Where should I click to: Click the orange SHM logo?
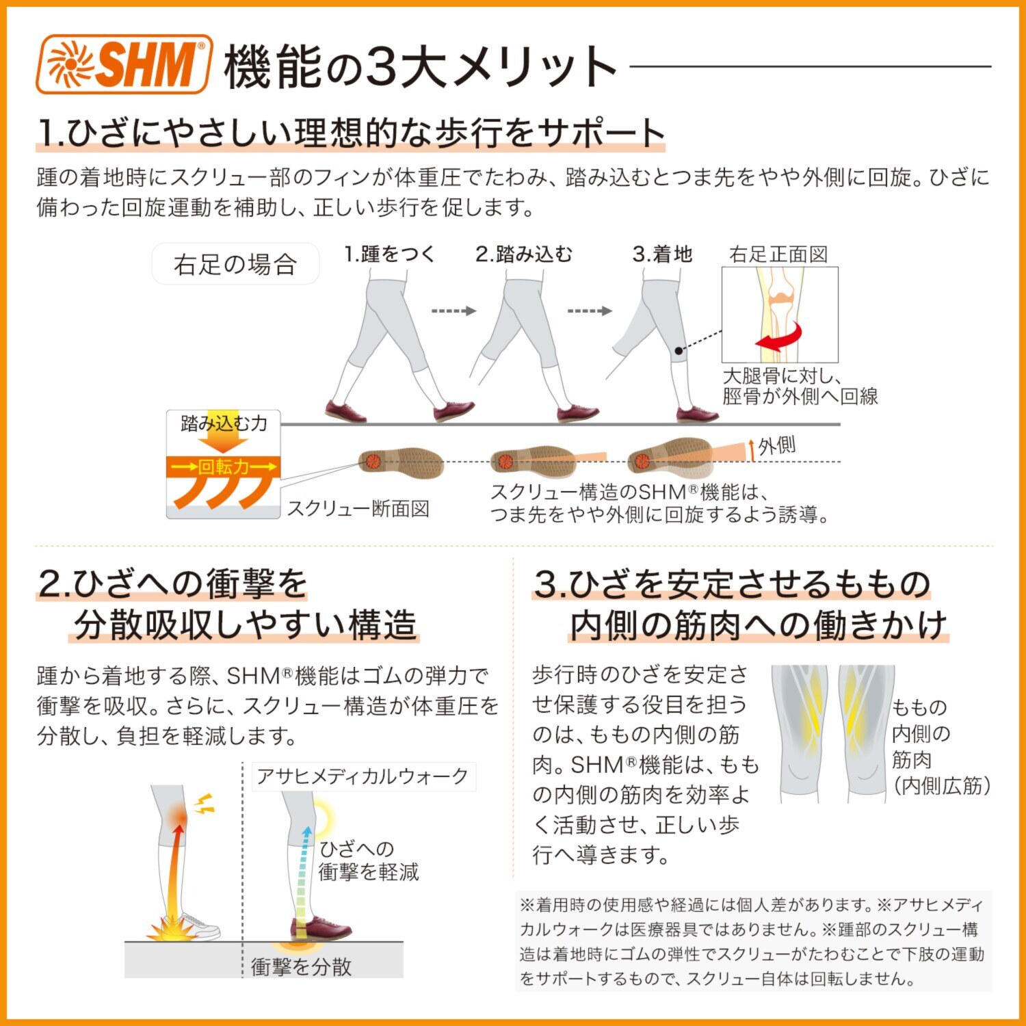(x=124, y=64)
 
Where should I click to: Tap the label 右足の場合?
(x=235, y=264)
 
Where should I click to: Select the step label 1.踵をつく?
(x=389, y=254)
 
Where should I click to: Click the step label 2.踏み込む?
(x=524, y=254)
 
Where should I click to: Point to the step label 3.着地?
(x=662, y=254)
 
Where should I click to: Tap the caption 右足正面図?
(x=778, y=254)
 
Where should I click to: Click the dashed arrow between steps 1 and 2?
(x=453, y=311)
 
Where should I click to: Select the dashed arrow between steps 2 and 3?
(x=589, y=311)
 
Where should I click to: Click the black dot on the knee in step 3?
(x=678, y=351)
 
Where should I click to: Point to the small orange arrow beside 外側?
(x=752, y=449)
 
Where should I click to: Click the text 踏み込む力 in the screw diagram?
(x=224, y=423)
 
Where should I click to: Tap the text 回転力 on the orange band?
(x=224, y=467)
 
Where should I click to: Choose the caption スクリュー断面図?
(x=358, y=508)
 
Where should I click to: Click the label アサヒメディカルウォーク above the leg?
(x=363, y=776)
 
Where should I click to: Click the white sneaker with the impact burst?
(x=198, y=925)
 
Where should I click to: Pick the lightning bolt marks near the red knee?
(x=204, y=804)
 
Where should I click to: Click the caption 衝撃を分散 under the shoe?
(x=301, y=966)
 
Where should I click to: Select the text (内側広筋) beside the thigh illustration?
(x=941, y=786)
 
